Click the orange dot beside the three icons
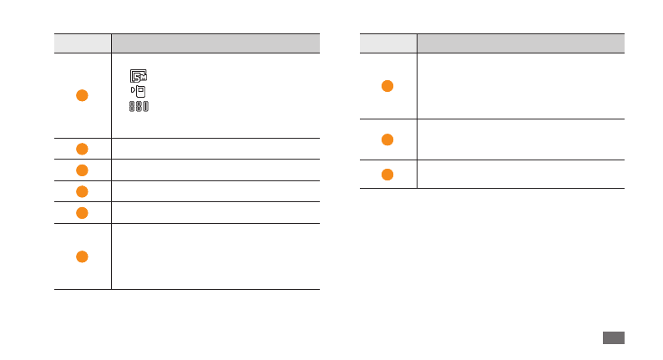[x=82, y=94]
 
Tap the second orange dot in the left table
[x=82, y=149]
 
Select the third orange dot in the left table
[x=82, y=170]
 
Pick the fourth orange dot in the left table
[x=82, y=191]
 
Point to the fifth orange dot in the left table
[x=82, y=212]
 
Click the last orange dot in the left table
[x=82, y=256]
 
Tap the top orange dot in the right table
[x=387, y=86]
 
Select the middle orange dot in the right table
[x=387, y=139]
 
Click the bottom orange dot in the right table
[x=387, y=174]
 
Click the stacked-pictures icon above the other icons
[x=139, y=75]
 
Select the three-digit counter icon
[x=139, y=107]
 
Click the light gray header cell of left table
[x=83, y=43]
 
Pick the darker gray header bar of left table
[x=215, y=43]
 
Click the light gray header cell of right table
[x=388, y=43]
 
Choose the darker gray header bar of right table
[x=520, y=43]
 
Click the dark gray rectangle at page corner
[x=612, y=337]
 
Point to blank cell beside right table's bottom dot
[x=520, y=174]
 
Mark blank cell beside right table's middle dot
[x=520, y=139]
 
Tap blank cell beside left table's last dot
[x=215, y=256]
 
